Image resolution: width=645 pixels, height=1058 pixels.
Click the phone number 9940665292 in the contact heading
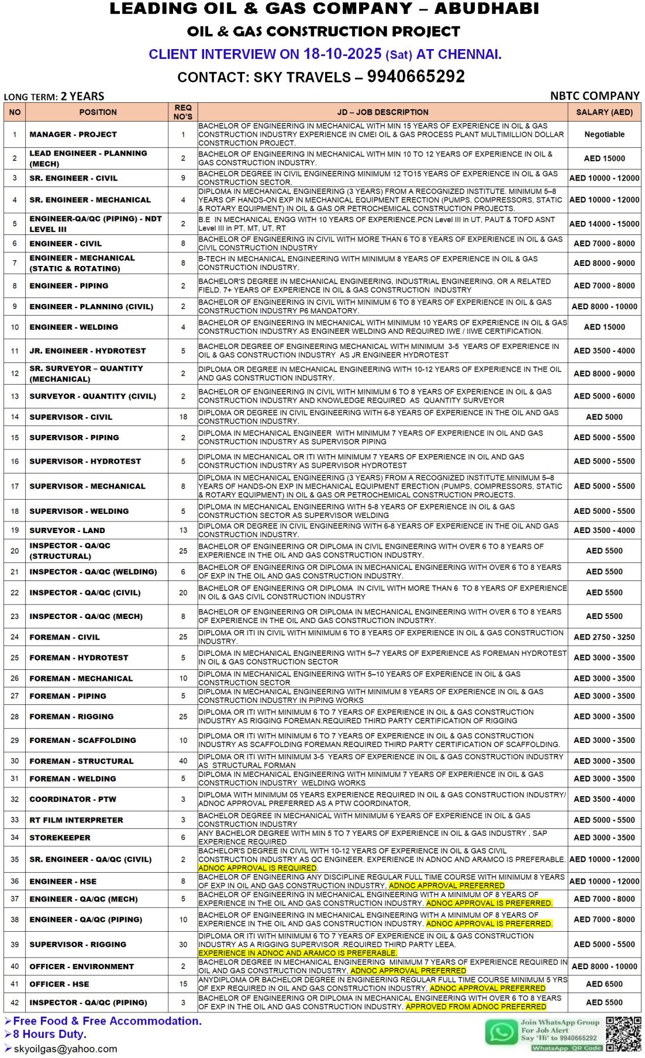(x=416, y=77)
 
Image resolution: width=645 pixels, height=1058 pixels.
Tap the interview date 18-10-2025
(x=342, y=54)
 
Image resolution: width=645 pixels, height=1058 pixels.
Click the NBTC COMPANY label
(x=594, y=96)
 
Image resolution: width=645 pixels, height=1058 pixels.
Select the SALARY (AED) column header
(x=604, y=112)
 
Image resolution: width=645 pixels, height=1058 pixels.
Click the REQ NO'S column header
(x=183, y=112)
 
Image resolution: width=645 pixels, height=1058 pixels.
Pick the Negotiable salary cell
(x=604, y=134)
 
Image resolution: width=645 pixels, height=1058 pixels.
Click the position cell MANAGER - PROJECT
(x=73, y=134)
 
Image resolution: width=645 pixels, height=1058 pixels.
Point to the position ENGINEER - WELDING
(x=74, y=327)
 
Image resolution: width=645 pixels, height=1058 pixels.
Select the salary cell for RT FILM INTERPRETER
(x=604, y=820)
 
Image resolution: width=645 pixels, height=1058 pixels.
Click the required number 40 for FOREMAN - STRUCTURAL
(x=183, y=761)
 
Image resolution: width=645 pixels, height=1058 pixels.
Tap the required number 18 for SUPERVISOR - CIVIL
(x=183, y=417)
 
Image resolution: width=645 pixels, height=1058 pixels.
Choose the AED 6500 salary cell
(x=604, y=984)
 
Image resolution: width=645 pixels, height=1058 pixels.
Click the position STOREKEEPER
(x=60, y=838)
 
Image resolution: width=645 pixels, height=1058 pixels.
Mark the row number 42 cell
(x=15, y=1002)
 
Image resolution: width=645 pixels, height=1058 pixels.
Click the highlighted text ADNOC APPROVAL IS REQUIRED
(x=257, y=868)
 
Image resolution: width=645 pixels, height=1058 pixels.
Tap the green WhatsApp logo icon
(x=502, y=1032)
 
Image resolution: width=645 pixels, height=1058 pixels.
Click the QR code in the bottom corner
(x=623, y=1033)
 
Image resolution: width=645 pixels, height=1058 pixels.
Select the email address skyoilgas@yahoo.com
(x=65, y=1049)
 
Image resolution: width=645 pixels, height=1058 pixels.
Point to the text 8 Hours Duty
(x=50, y=1034)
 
